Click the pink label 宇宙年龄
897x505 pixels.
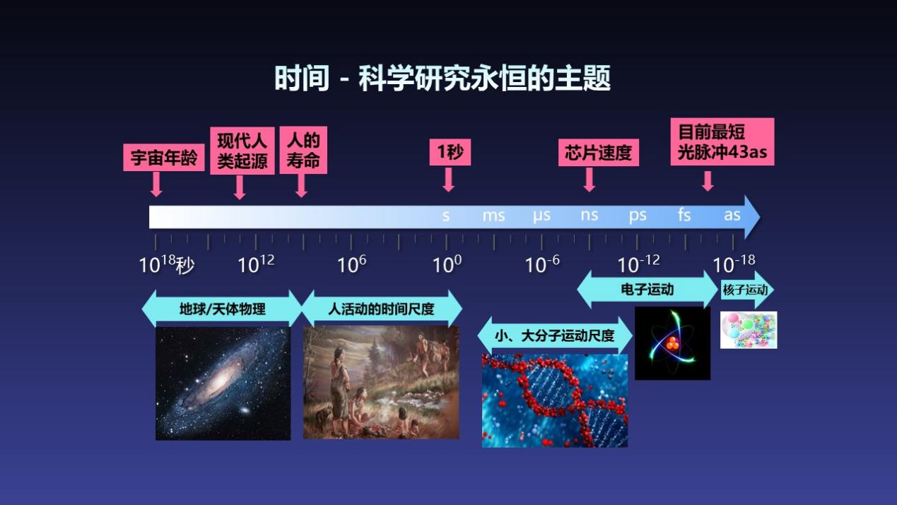[164, 158]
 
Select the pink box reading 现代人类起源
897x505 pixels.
[242, 151]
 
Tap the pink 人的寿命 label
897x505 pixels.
[303, 150]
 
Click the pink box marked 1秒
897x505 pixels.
[450, 152]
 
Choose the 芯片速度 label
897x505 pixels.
[599, 153]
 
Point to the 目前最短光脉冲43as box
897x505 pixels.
[722, 141]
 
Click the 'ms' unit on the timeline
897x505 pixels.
[493, 216]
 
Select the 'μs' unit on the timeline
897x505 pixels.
[541, 216]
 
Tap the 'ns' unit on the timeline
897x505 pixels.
[590, 216]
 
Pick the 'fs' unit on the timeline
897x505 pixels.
[684, 215]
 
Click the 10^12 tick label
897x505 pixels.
[257, 265]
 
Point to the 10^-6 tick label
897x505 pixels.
[542, 265]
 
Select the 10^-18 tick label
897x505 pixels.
[734, 265]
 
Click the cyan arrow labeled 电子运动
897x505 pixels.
[647, 289]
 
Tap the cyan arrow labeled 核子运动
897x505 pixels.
[747, 290]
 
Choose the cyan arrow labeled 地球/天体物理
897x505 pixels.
[222, 309]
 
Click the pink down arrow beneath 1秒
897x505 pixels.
[448, 180]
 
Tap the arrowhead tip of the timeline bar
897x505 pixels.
[760, 217]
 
